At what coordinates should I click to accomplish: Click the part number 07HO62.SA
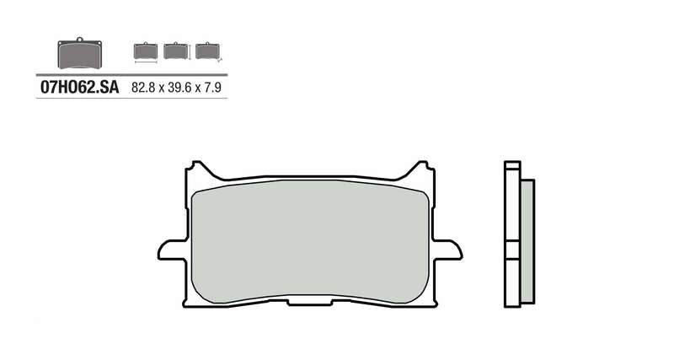point(79,87)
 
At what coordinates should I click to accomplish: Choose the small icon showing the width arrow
point(146,51)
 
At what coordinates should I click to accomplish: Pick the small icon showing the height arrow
point(175,51)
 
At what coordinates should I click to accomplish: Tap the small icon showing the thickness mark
point(206,51)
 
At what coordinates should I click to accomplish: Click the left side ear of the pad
point(168,250)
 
